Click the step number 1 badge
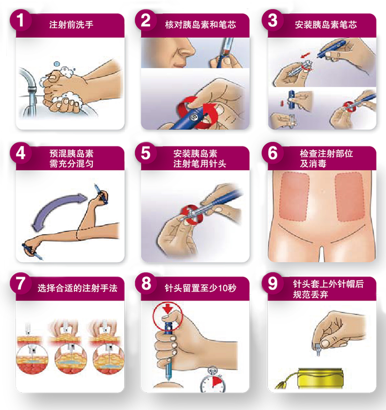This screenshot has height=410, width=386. coord(20,20)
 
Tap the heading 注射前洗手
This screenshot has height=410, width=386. coord(71,25)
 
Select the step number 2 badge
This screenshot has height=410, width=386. coord(146,20)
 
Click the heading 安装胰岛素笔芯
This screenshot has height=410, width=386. coord(326,25)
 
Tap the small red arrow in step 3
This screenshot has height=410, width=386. coord(305,55)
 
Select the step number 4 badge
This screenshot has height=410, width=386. coord(20,153)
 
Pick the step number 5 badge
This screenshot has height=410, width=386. coord(146,153)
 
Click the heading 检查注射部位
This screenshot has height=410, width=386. coord(326,154)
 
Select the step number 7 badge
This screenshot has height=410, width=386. coord(20,283)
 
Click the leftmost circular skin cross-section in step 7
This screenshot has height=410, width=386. coord(32,358)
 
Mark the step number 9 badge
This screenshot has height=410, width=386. coord(272,283)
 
